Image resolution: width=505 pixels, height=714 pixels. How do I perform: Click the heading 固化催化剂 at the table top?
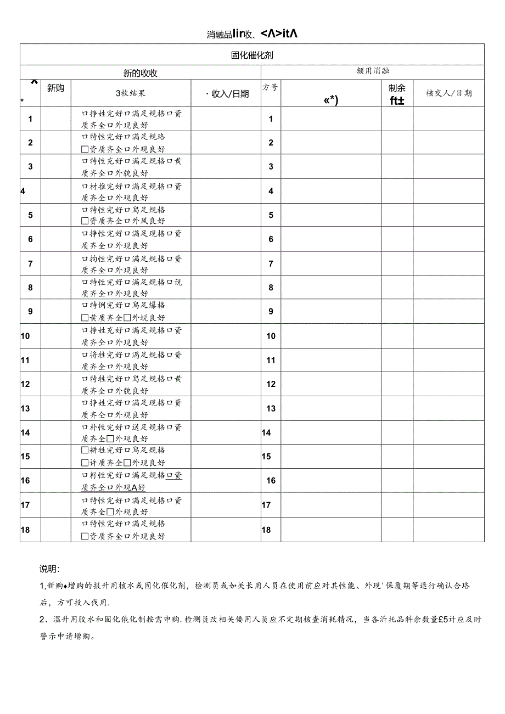[x=252, y=55]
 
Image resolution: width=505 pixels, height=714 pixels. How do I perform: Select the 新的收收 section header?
[x=140, y=73]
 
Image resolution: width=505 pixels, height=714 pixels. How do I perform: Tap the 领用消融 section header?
[x=373, y=71]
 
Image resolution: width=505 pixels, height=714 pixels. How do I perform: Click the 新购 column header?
[x=55, y=88]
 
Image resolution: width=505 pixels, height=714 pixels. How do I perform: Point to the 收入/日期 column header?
[x=227, y=94]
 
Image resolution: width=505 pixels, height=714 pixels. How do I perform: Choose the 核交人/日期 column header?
[x=448, y=93]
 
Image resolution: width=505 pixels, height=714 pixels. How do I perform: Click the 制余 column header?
[x=397, y=88]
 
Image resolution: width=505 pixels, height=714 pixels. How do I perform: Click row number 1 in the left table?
[x=30, y=119]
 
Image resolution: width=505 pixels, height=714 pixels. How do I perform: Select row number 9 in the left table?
[x=30, y=312]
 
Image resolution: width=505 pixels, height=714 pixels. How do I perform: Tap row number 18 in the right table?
[x=266, y=530]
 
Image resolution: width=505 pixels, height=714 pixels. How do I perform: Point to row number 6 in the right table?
[x=271, y=239]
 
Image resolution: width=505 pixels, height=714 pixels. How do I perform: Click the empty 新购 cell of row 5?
[x=55, y=215]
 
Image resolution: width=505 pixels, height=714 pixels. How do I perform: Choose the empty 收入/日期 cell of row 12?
[x=226, y=384]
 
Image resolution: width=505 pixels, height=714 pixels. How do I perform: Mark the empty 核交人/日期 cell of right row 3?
[x=448, y=166]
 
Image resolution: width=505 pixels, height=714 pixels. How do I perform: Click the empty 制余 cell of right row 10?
[x=397, y=336]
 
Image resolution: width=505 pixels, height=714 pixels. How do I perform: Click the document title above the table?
[x=252, y=34]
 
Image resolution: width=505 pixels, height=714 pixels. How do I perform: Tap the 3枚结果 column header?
[x=131, y=93]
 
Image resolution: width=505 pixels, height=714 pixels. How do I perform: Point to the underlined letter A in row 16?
[x=134, y=487]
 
